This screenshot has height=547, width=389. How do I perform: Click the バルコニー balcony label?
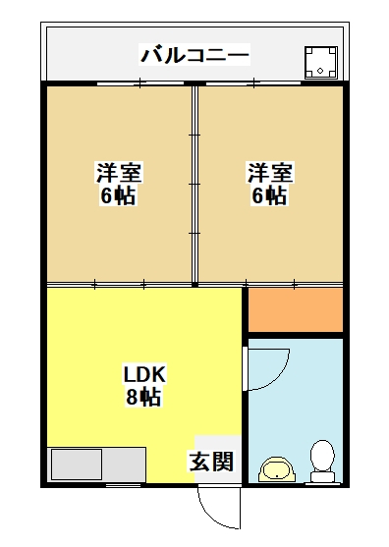pos(194,55)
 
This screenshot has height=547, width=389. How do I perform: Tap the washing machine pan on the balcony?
pos(321,63)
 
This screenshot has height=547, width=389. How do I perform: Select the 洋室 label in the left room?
pos(119,172)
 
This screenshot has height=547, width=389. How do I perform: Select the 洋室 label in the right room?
pos(270,172)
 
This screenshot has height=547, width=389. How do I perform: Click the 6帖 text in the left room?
pos(118,195)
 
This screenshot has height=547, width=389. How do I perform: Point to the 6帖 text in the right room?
pos(269,195)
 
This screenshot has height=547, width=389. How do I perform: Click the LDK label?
pos(144,374)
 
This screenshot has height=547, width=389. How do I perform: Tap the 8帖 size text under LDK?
pos(143,397)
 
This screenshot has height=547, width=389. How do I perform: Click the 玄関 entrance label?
pos(211,462)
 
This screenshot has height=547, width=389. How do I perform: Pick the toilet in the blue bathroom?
pos(323,462)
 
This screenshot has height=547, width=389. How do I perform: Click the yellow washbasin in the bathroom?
pos(277,469)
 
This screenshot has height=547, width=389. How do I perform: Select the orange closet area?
pos(296,309)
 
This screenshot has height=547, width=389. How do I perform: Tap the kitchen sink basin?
pos(77,464)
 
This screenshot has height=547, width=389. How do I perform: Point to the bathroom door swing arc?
pos(278,377)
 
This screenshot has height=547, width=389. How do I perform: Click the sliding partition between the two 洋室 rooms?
pos(194,185)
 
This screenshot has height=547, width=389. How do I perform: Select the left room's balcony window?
pos(140,83)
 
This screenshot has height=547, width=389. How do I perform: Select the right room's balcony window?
pos(253,83)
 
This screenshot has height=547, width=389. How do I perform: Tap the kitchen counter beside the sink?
pos(124,465)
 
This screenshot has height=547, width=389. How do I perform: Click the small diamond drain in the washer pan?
pos(320,71)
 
